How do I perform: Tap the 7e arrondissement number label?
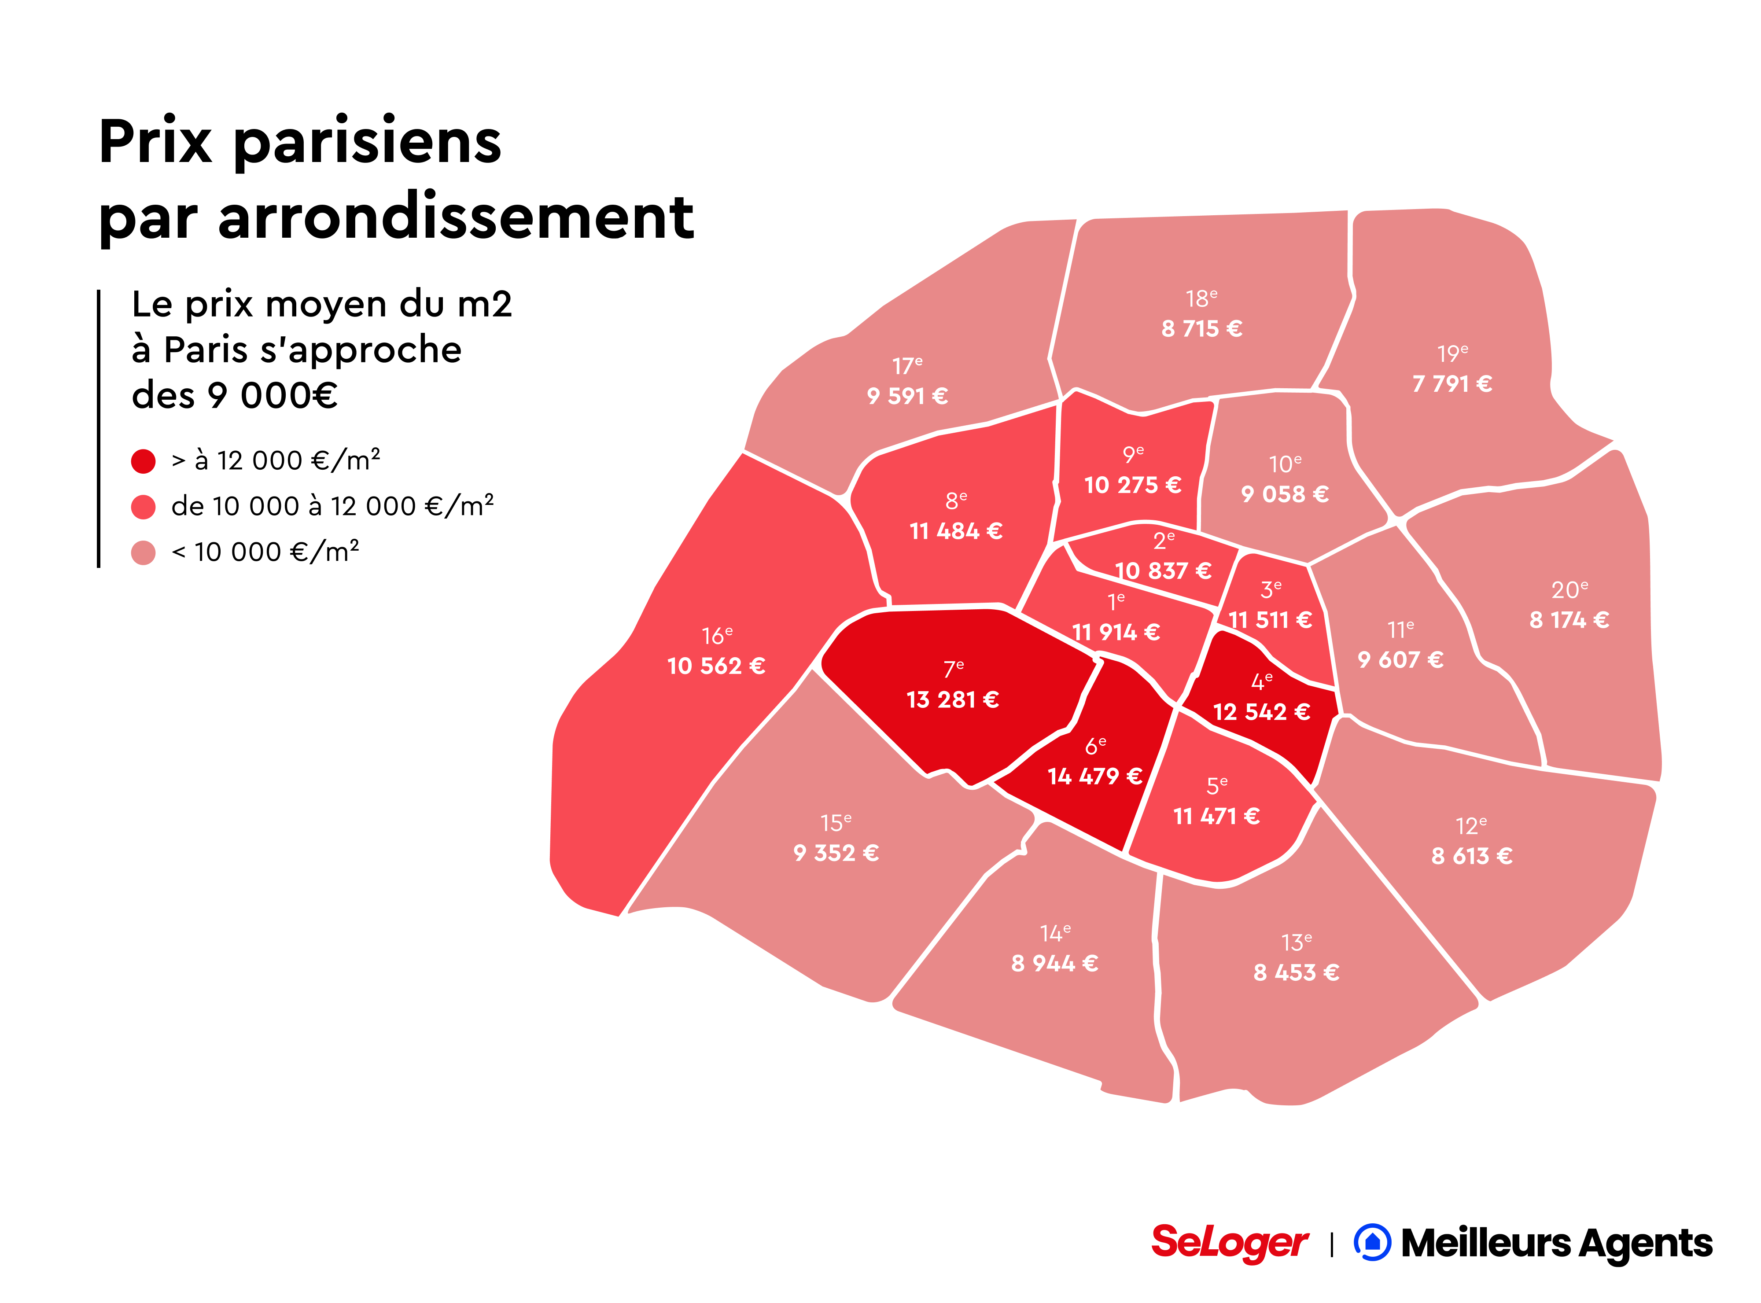(954, 669)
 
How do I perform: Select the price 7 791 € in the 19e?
(1452, 384)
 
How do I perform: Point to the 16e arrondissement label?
(717, 636)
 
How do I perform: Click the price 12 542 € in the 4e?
(1261, 712)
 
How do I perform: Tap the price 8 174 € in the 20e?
(1569, 620)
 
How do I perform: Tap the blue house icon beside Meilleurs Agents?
(1372, 1242)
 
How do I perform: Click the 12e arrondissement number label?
(1471, 826)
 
